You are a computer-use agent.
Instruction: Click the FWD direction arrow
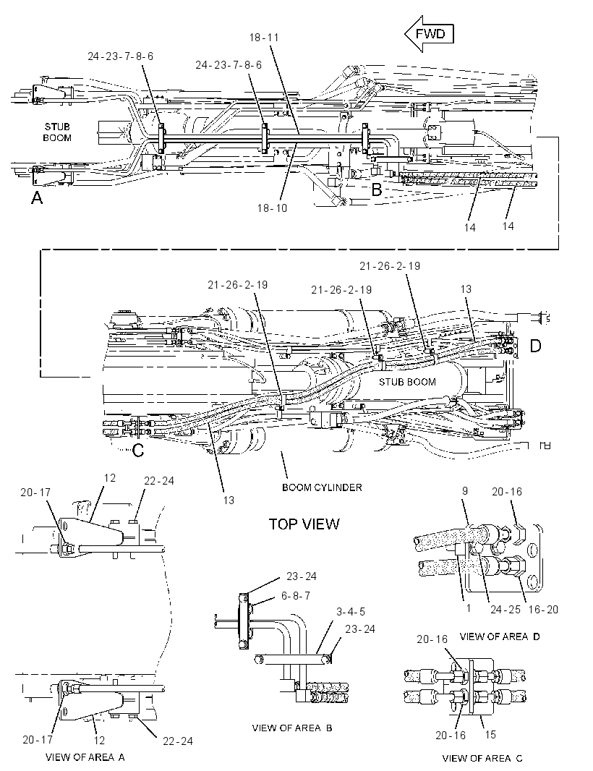[x=428, y=33]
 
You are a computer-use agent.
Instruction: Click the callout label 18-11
[x=264, y=38]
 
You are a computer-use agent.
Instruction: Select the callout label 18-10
[x=272, y=208]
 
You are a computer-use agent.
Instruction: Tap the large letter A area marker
[x=37, y=197]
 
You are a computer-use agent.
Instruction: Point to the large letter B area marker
[x=377, y=189]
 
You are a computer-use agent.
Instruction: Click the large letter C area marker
[x=138, y=449]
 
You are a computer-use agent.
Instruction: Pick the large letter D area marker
[x=535, y=346]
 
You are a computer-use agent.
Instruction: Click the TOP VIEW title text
[x=304, y=524]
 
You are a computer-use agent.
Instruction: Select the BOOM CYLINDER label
[x=322, y=487]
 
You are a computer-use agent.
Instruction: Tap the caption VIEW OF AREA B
[x=292, y=728]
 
